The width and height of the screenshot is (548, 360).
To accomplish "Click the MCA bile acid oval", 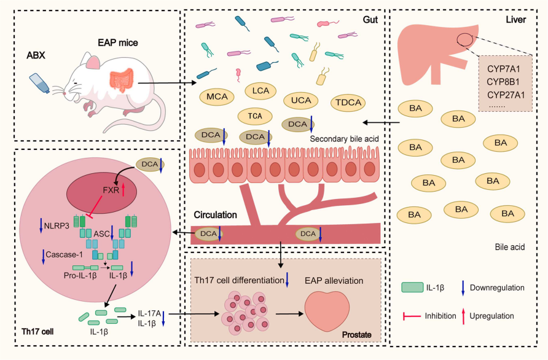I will (x=216, y=96).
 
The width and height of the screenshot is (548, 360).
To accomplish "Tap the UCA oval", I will (x=300, y=100).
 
